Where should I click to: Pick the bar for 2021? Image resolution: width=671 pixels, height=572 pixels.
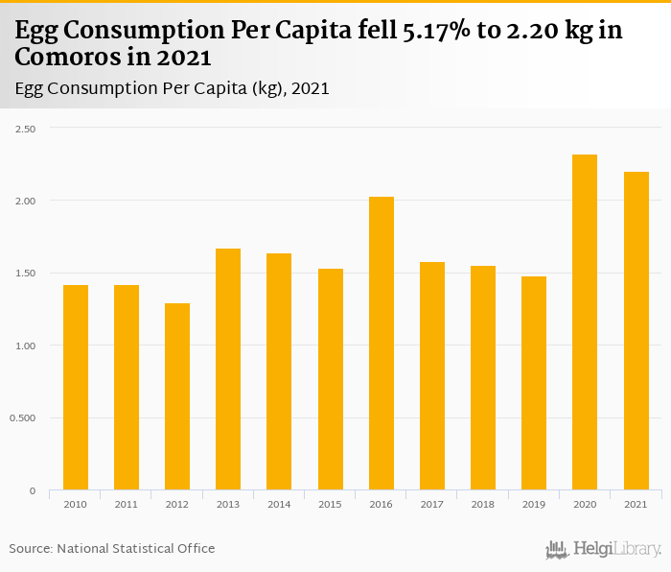click(636, 331)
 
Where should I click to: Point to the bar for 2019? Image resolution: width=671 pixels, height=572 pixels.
click(534, 383)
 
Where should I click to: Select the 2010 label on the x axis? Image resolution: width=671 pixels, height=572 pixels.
click(75, 503)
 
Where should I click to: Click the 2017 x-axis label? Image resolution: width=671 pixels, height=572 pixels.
click(432, 503)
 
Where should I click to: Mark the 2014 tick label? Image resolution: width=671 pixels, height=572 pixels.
click(279, 503)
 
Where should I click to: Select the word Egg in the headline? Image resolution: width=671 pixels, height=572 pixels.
click(36, 30)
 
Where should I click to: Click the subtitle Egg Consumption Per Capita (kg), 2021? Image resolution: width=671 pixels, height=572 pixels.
click(173, 88)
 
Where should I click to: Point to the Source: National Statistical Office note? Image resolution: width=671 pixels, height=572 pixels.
click(112, 548)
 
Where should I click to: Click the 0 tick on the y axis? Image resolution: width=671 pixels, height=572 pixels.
click(32, 490)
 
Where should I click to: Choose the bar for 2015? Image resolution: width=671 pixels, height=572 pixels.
click(330, 379)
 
